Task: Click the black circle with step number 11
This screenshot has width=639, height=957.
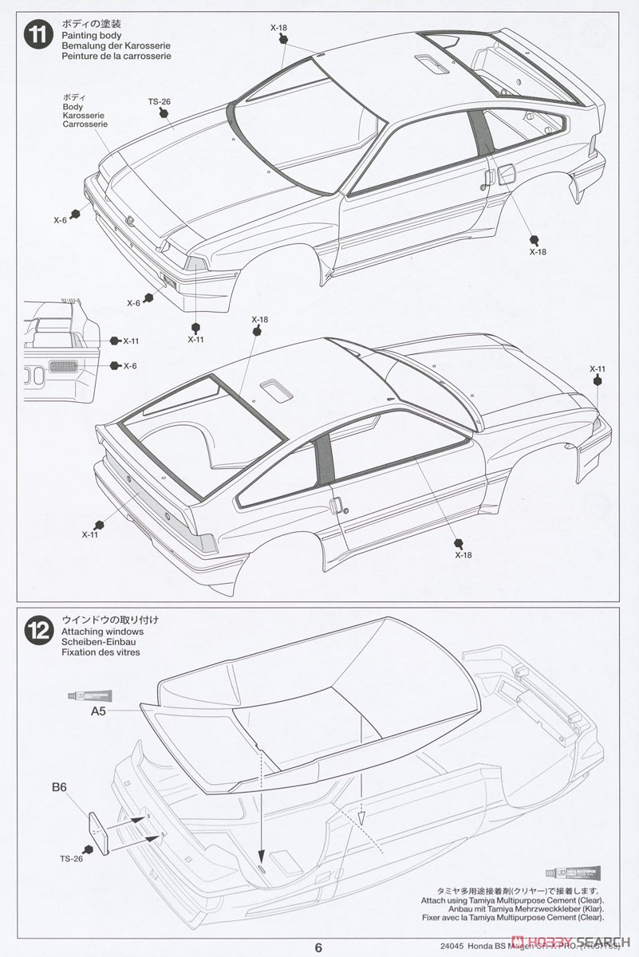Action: coord(37,37)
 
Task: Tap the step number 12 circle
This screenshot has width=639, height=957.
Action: coord(37,630)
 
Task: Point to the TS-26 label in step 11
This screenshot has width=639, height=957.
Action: coord(160,101)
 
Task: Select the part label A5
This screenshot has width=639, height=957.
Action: coord(97,711)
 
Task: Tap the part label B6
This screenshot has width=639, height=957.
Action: coord(59,788)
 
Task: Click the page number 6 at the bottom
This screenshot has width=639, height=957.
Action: coord(318,947)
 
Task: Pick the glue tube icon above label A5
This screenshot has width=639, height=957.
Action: coord(90,696)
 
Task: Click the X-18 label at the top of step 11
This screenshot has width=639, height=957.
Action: coord(278,28)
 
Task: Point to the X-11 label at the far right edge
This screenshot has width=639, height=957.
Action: coord(598,368)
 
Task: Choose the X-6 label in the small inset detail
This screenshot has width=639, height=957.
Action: coord(130,365)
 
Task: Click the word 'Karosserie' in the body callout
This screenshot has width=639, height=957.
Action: coord(85,116)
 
